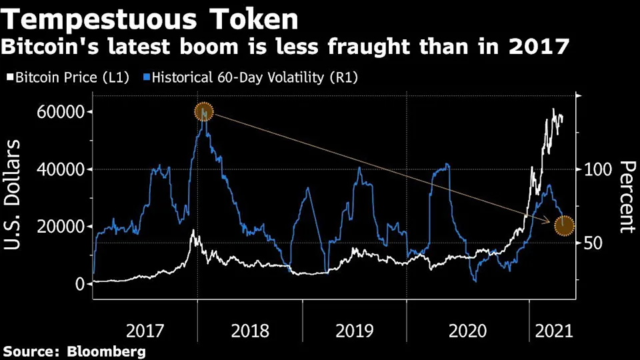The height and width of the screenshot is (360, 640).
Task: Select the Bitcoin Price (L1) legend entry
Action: tap(71, 77)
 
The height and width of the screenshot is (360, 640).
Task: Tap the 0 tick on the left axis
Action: tap(80, 284)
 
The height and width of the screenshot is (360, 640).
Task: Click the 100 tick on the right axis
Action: tap(597, 169)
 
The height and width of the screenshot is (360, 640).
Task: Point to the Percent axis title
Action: tap(625, 197)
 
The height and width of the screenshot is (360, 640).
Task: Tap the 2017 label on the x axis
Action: tap(145, 331)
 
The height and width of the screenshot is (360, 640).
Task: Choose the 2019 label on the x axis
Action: tap(354, 331)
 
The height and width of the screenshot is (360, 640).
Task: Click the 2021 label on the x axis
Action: tap(553, 331)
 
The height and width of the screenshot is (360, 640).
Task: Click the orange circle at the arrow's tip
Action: tap(564, 225)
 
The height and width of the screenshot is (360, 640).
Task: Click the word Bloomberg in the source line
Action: tap(106, 351)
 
